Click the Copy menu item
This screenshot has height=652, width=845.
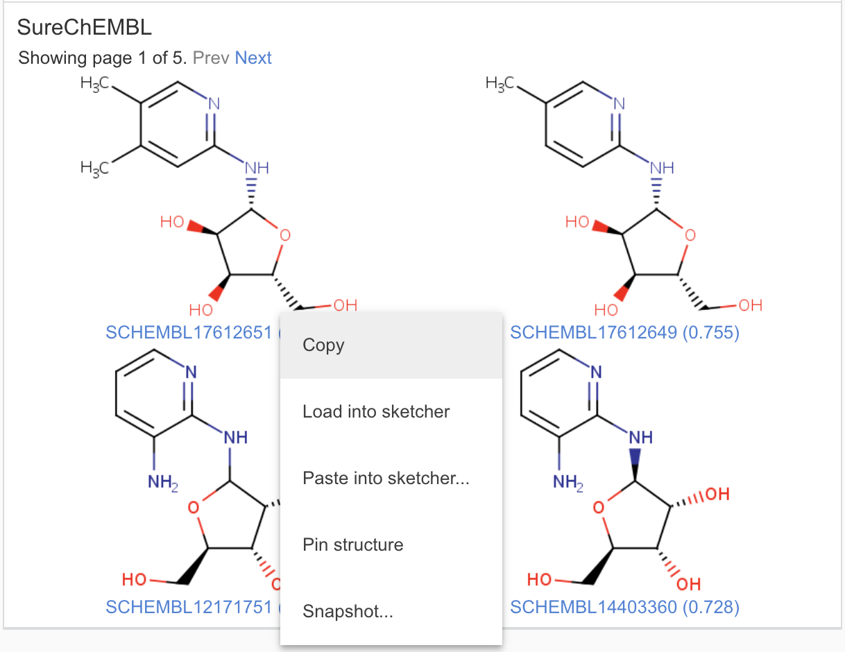coord(323,345)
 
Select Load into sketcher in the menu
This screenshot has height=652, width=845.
coord(376,412)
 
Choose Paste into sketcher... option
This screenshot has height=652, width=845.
coord(386,479)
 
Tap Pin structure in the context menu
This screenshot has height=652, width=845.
coord(352,545)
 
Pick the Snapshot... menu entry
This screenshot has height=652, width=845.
coord(348,612)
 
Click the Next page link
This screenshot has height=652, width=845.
coord(253,58)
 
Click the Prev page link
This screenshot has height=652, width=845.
coord(211,58)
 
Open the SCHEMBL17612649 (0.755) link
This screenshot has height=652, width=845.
coord(624,333)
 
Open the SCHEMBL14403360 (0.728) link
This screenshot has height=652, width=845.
coord(624,608)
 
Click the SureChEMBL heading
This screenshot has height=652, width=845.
coord(84,28)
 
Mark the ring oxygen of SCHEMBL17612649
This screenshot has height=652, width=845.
coord(688,235)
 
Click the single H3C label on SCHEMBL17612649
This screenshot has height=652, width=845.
coord(500,84)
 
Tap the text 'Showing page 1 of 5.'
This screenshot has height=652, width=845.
coord(103,58)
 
